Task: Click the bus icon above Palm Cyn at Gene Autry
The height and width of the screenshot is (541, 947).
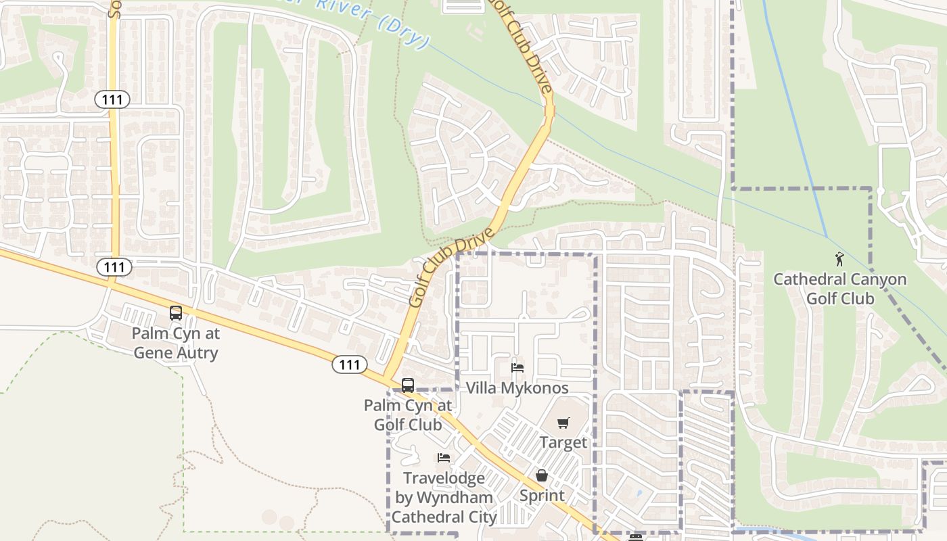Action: pyautogui.click(x=176, y=313)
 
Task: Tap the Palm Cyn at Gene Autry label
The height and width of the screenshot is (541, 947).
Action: pyautogui.click(x=175, y=343)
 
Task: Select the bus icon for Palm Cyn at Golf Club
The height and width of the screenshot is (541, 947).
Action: pyautogui.click(x=408, y=385)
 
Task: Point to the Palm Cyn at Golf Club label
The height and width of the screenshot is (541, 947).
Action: pyautogui.click(x=408, y=415)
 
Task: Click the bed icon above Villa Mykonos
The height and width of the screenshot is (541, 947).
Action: pyautogui.click(x=517, y=368)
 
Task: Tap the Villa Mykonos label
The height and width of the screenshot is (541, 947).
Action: pyautogui.click(x=517, y=388)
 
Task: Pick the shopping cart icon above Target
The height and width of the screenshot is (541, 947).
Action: pyautogui.click(x=563, y=423)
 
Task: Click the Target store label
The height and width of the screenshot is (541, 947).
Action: pyautogui.click(x=563, y=443)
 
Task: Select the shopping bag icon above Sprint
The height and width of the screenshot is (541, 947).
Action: pyautogui.click(x=541, y=476)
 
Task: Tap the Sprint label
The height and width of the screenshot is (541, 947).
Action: pyautogui.click(x=541, y=496)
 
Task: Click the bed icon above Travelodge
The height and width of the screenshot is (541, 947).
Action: pyautogui.click(x=444, y=458)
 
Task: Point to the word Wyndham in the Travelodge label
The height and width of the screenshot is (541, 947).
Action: pyautogui.click(x=455, y=498)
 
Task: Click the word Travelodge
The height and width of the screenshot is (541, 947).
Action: pyautogui.click(x=444, y=479)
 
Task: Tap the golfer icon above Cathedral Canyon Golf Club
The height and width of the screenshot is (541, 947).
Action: pyautogui.click(x=839, y=259)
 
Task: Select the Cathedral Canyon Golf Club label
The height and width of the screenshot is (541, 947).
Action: pyautogui.click(x=839, y=289)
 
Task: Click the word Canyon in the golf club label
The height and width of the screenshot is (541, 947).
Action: pyautogui.click(x=873, y=279)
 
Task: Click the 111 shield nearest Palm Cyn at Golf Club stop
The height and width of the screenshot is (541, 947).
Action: pyautogui.click(x=349, y=364)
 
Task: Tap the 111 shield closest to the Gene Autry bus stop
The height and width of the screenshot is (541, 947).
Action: pyautogui.click(x=114, y=267)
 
